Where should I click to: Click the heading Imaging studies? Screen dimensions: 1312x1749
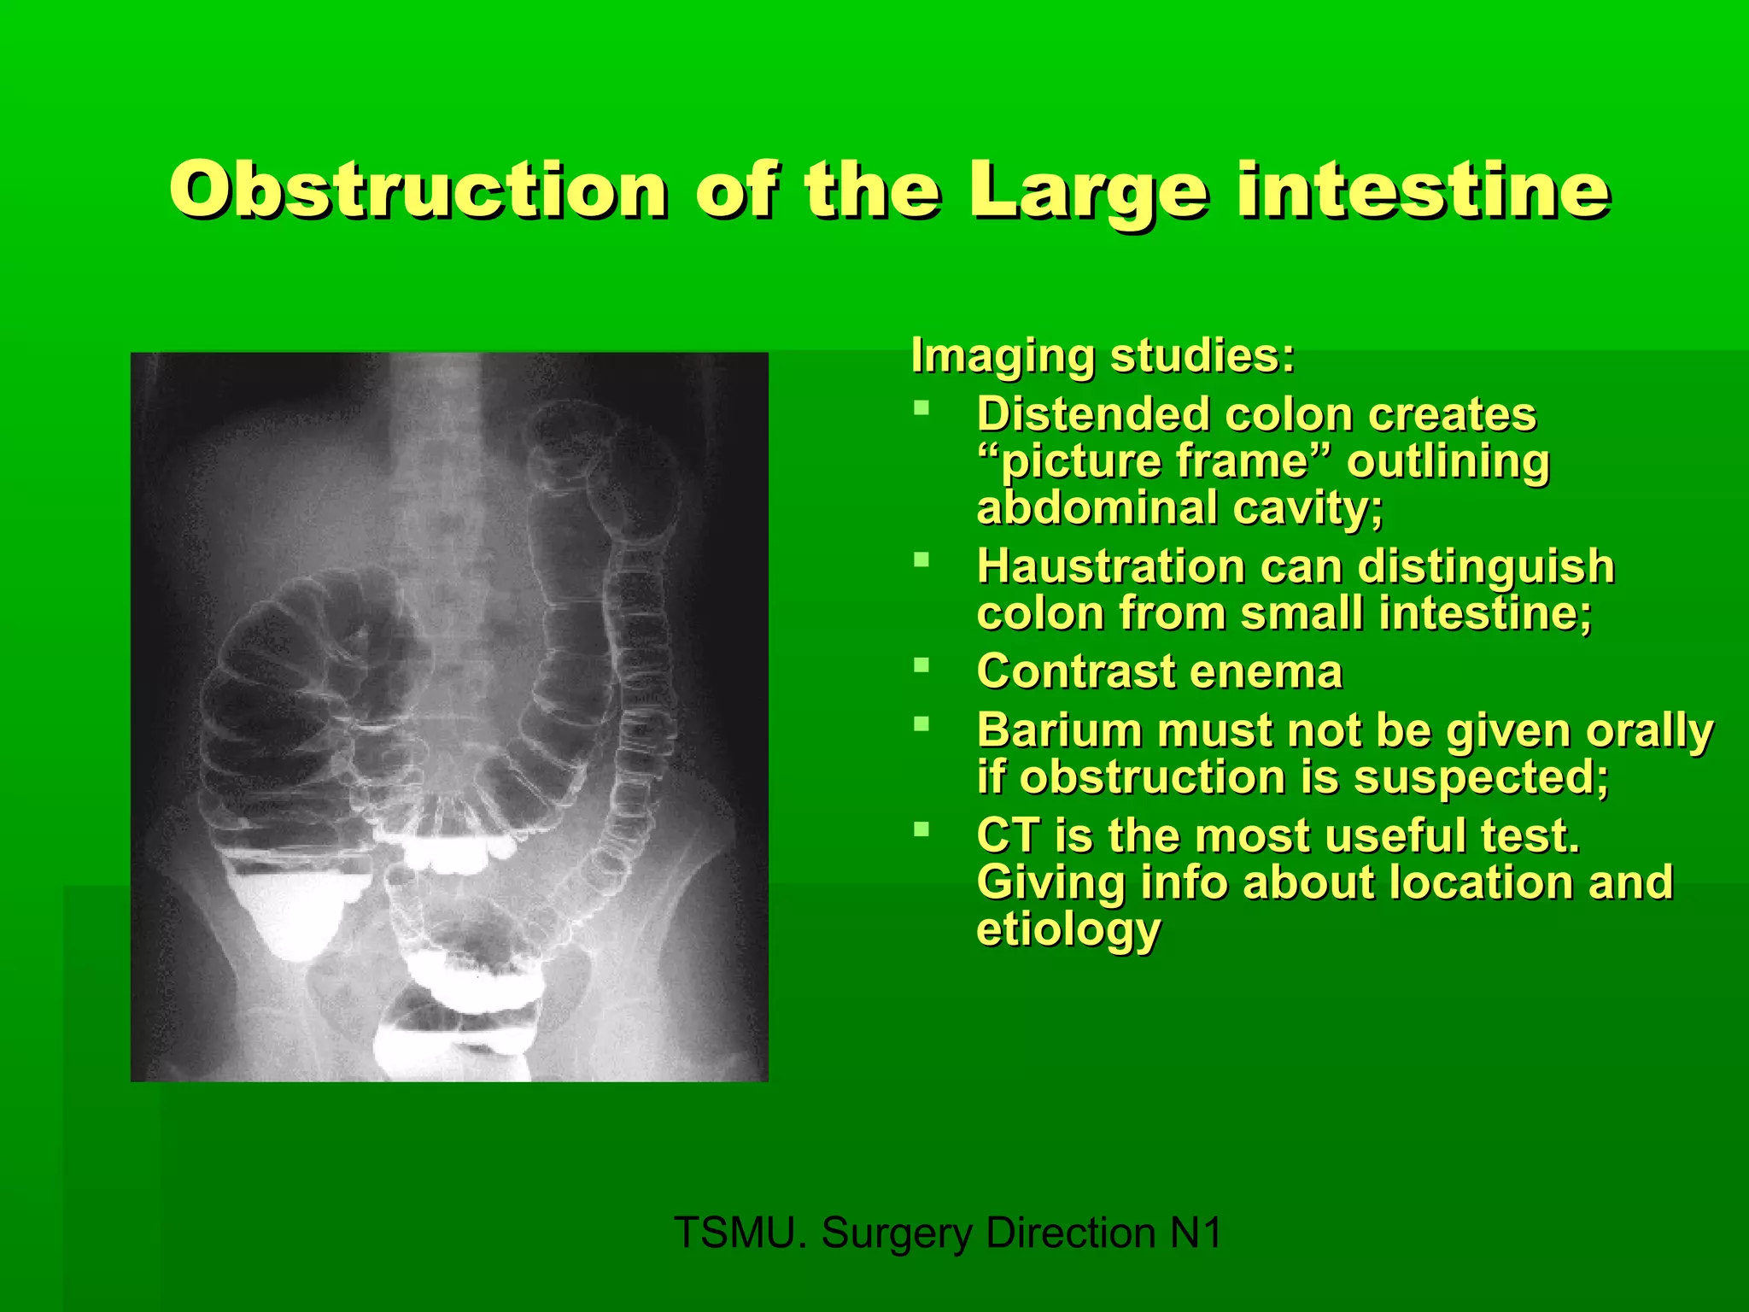(1103, 355)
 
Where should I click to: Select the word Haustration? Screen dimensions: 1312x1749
(1111, 566)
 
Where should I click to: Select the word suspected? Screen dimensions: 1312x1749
(1481, 778)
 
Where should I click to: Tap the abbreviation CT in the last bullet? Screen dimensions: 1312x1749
(1009, 835)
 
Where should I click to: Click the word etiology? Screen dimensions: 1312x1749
(1068, 929)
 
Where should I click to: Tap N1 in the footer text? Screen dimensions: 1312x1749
(1195, 1233)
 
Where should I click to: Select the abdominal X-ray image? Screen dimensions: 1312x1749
(449, 717)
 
